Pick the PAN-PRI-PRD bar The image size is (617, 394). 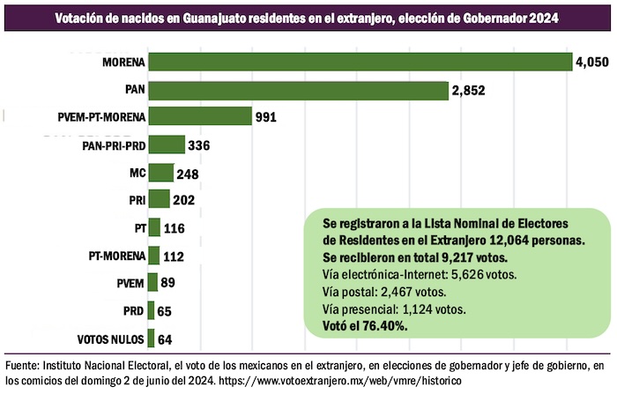[x=167, y=145]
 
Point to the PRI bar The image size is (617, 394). [x=160, y=200]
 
